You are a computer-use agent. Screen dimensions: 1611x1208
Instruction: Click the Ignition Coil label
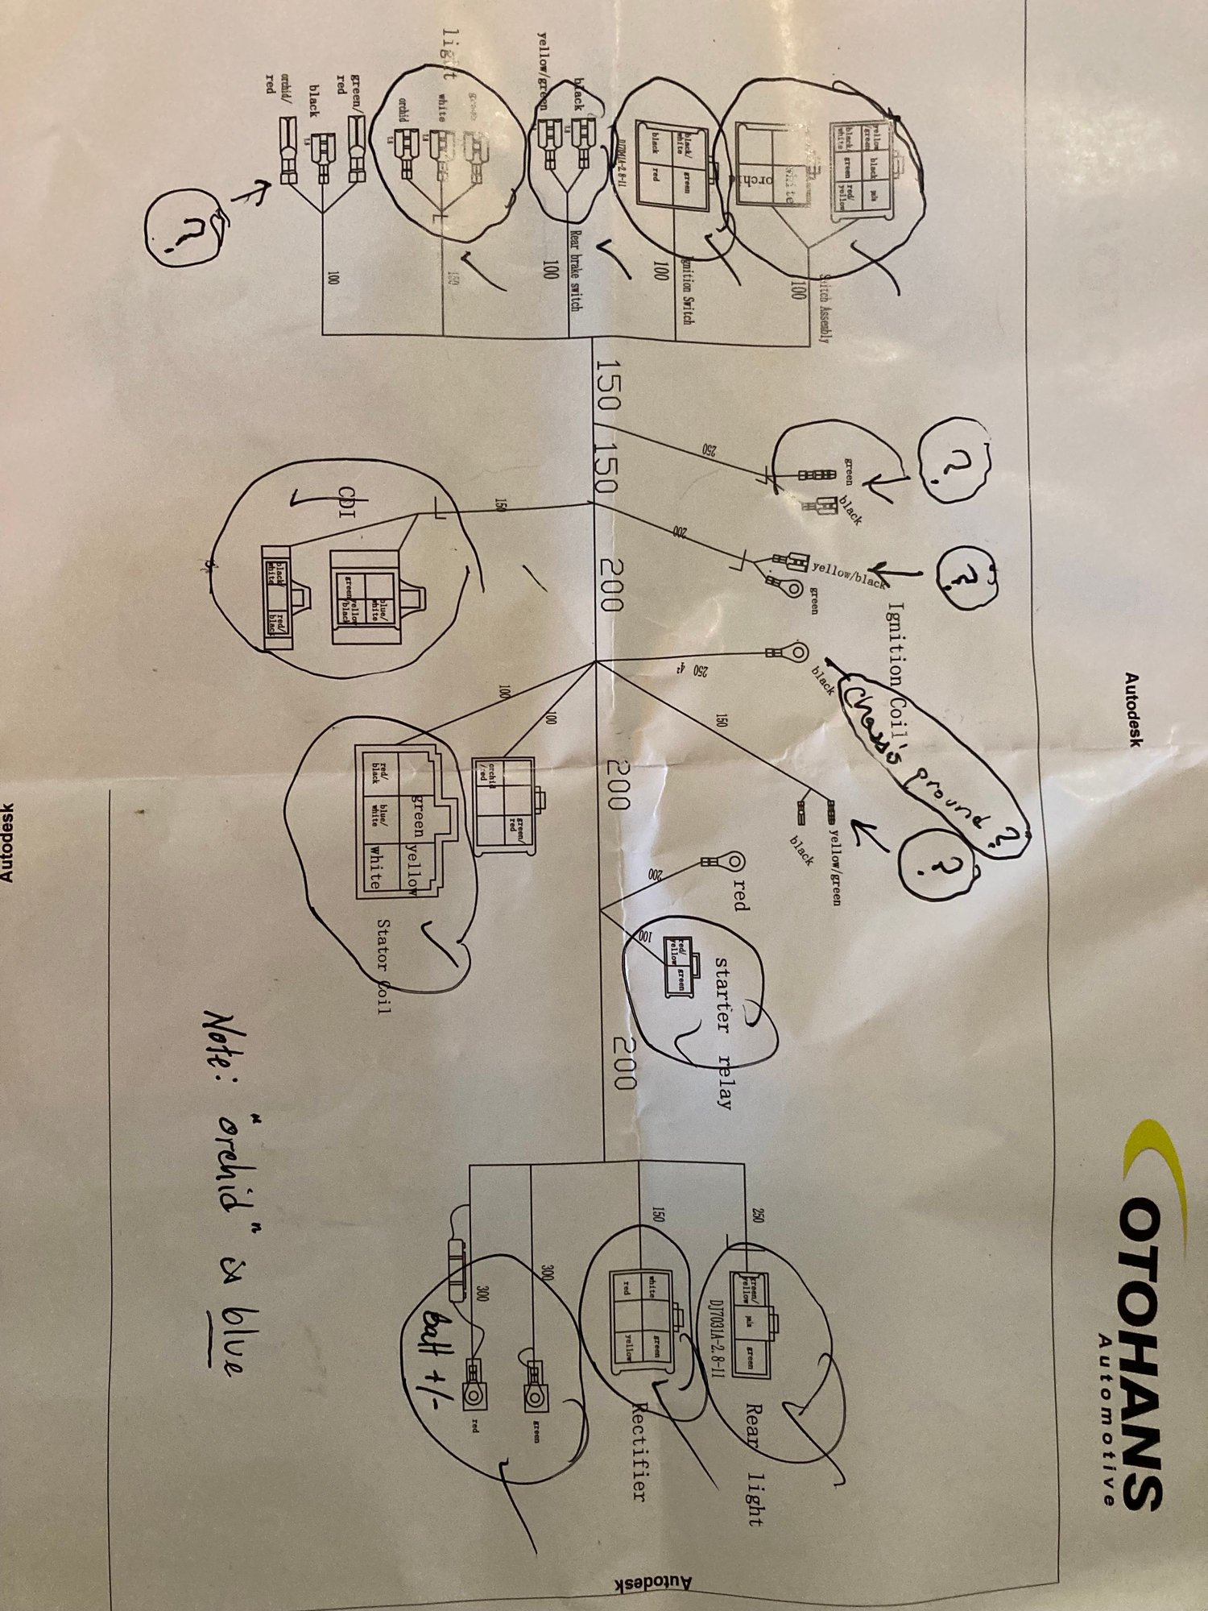point(896,644)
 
